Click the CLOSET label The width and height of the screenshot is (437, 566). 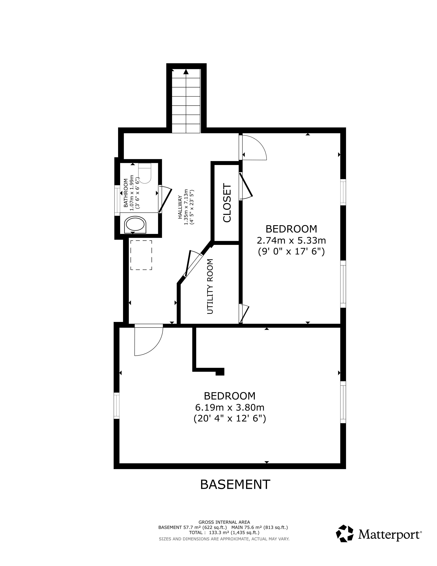[x=227, y=203]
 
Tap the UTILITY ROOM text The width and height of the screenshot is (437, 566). [x=210, y=286]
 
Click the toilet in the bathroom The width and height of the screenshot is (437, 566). [x=144, y=173]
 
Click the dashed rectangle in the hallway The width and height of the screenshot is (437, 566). [x=141, y=255]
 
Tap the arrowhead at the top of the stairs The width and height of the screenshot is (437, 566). [x=186, y=72]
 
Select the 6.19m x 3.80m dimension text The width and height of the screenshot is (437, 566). [x=230, y=407]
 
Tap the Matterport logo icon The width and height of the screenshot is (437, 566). [x=345, y=533]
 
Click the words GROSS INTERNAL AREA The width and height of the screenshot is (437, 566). [x=224, y=522]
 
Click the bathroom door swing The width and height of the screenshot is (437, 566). [x=165, y=199]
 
